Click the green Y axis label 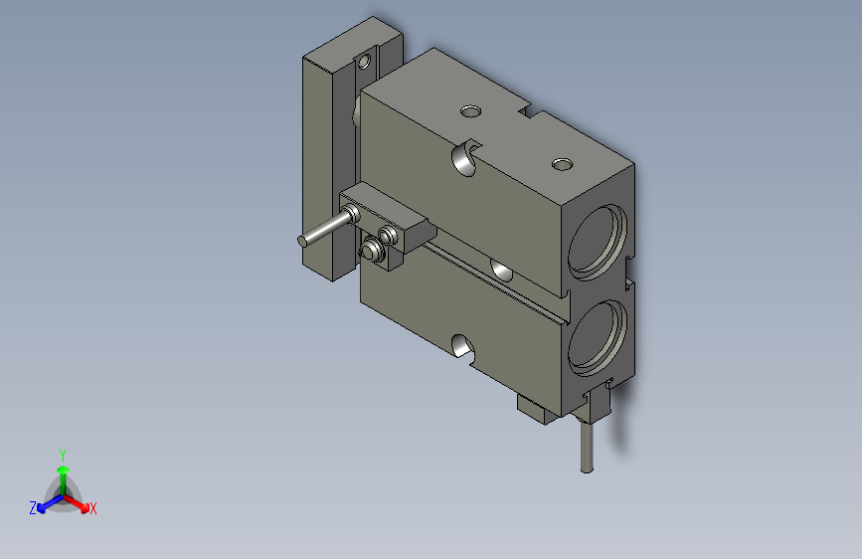[x=63, y=455]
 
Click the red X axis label [x=92, y=508]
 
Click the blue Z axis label [x=33, y=508]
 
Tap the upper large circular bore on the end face [x=598, y=242]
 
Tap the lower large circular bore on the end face [x=597, y=338]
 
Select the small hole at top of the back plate [x=364, y=61]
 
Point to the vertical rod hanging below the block [x=587, y=445]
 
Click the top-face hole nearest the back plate [x=470, y=111]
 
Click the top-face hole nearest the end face [x=562, y=164]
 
